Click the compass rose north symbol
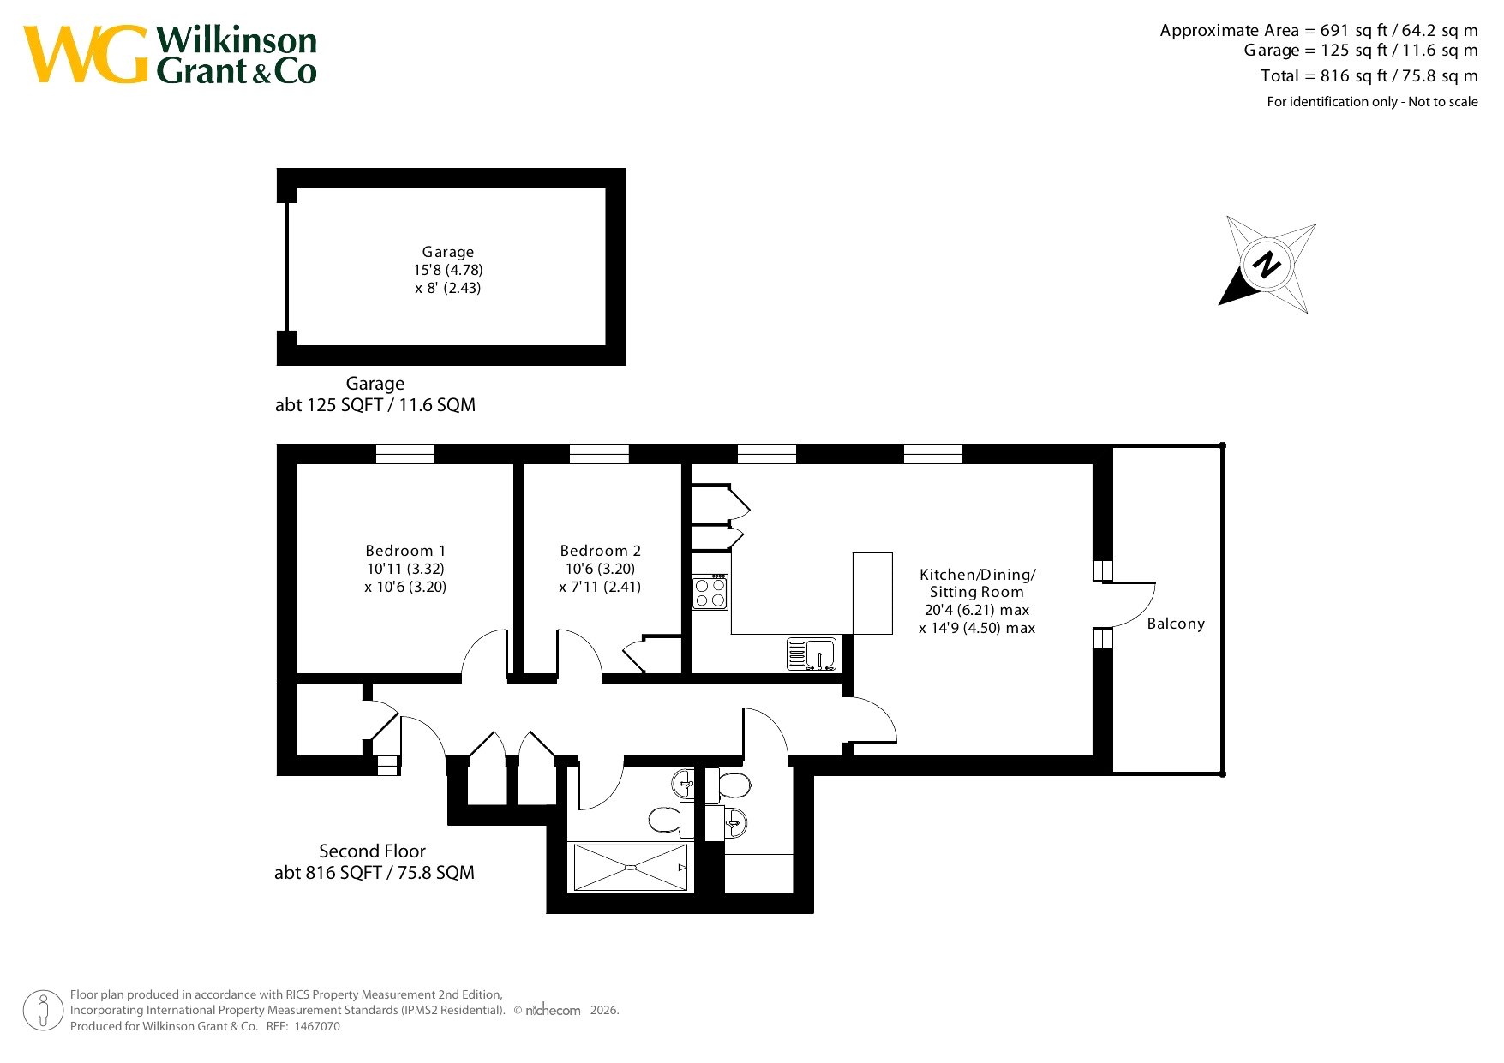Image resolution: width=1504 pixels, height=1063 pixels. click(1267, 264)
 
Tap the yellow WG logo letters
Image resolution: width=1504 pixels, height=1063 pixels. click(86, 54)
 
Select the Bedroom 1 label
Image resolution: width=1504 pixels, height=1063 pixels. click(405, 551)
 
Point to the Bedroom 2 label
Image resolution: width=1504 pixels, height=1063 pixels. click(600, 551)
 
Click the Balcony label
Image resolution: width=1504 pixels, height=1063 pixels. click(1176, 624)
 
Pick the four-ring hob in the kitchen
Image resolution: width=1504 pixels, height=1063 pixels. click(710, 592)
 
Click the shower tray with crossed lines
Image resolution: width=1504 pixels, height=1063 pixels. click(631, 867)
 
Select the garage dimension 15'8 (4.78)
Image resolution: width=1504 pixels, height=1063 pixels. click(448, 270)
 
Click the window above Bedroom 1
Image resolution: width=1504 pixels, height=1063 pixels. click(405, 454)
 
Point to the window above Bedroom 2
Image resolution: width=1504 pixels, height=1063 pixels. click(599, 454)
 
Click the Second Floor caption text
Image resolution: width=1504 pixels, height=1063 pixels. click(372, 851)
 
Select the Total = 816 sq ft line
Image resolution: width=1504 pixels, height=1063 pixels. click(1369, 76)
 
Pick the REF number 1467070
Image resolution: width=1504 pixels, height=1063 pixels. click(317, 1026)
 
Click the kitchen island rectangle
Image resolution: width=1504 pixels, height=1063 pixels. click(872, 594)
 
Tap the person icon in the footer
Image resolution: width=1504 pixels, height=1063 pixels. click(43, 1011)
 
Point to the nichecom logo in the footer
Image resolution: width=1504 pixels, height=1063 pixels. click(553, 1011)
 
